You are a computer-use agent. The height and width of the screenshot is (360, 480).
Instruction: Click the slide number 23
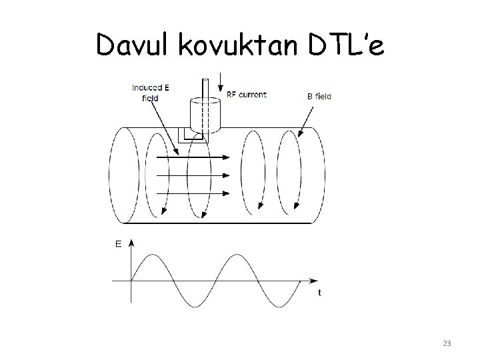[447, 343]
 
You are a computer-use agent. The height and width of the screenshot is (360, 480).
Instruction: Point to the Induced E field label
[150, 92]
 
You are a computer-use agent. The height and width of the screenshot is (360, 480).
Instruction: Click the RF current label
[247, 95]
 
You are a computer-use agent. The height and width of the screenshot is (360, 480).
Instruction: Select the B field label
[319, 96]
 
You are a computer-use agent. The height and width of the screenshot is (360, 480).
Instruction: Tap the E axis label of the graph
[119, 244]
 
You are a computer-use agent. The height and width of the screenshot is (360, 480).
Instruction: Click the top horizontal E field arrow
[193, 158]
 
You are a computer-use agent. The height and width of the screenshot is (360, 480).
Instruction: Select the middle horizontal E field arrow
[193, 176]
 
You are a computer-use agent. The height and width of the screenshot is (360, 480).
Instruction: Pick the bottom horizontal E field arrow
[193, 193]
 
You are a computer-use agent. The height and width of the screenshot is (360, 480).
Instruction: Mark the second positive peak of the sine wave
[238, 255]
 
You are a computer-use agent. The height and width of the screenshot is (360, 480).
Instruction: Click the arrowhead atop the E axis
[131, 242]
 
